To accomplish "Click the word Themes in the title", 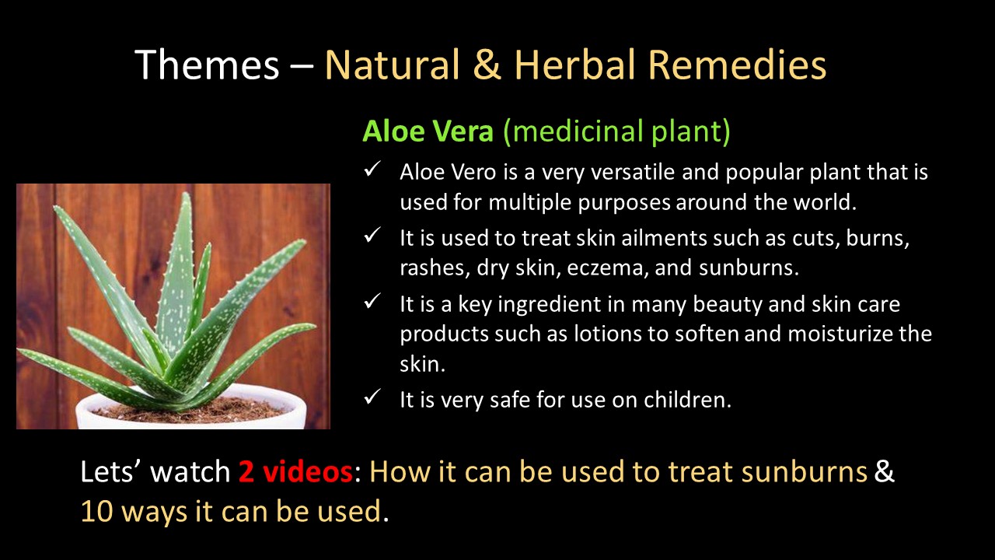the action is [x=207, y=65].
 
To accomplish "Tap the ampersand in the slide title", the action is [x=487, y=65].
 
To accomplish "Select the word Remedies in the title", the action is [x=737, y=65].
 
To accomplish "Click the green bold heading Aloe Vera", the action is [x=428, y=131].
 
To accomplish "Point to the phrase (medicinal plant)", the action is [x=617, y=132].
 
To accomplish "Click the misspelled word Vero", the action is [x=473, y=172].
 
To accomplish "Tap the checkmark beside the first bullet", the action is [x=372, y=169].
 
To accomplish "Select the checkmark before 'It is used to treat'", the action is [x=372, y=235].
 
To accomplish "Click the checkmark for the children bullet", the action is [x=372, y=397].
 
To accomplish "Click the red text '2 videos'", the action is [x=295, y=471].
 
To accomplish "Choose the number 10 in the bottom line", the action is [x=96, y=511].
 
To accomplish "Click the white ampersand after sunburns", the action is [x=885, y=471].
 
